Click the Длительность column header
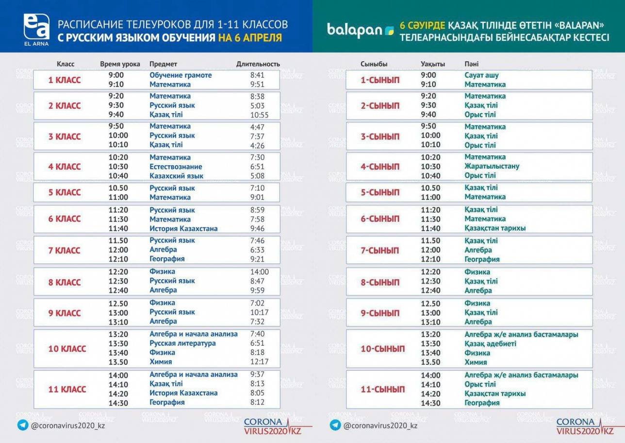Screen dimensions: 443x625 (x=258, y=64)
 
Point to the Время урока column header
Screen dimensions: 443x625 (x=120, y=64)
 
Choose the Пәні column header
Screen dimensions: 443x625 (x=471, y=64)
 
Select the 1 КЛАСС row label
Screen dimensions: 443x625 (x=65, y=80)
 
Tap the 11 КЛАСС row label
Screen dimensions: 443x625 (x=67, y=389)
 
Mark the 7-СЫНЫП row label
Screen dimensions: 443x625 (x=379, y=250)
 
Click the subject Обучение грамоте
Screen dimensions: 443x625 (x=181, y=75)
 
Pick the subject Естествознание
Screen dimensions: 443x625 (x=176, y=167)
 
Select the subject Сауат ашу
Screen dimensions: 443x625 (x=481, y=75)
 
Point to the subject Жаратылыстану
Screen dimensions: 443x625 (x=492, y=166)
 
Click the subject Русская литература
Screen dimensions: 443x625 (x=182, y=343)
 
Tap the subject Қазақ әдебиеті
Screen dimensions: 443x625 (x=490, y=343)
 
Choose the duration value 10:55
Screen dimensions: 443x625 (x=259, y=115)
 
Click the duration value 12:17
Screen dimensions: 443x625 (x=259, y=362)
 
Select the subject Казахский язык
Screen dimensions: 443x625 (x=176, y=176)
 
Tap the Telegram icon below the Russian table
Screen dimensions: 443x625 (x=23, y=425)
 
